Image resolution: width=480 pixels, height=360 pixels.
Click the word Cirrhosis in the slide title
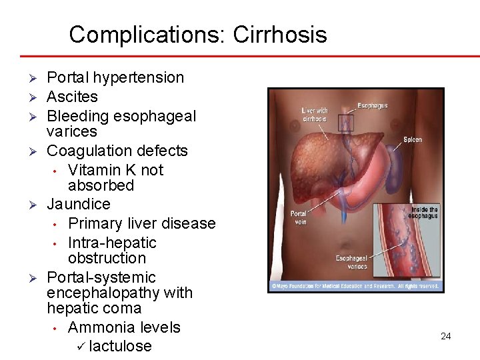280,35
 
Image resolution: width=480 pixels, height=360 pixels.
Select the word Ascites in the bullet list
72,97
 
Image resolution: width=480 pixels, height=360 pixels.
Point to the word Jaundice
78,203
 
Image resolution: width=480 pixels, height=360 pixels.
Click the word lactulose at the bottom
120,346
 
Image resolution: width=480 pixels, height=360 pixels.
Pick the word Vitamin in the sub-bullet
95,170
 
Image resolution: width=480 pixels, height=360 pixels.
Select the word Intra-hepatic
112,243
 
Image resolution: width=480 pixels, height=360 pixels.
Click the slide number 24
446,336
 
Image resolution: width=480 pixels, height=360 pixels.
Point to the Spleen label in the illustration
412,139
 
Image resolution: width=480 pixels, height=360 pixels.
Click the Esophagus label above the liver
372,105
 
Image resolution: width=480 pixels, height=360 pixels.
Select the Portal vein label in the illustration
298,217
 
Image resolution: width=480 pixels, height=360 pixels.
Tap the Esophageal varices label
351,261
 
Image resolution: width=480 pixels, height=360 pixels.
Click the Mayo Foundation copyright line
354,286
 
